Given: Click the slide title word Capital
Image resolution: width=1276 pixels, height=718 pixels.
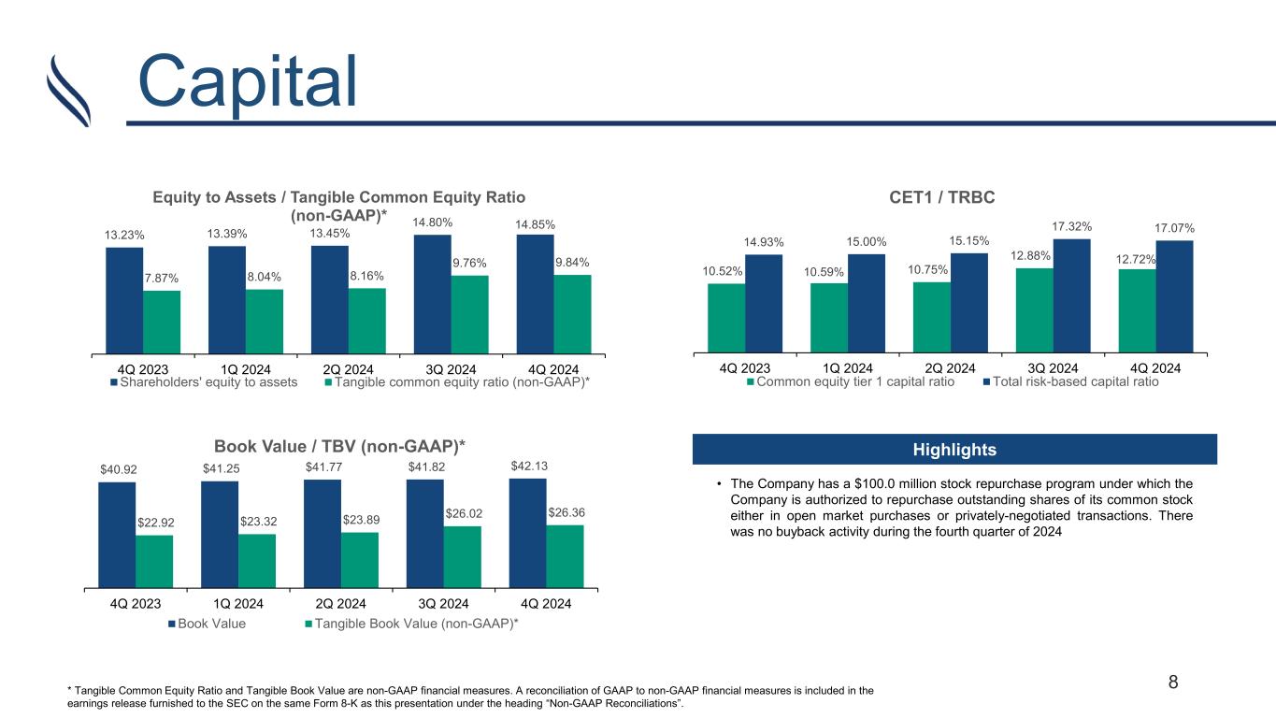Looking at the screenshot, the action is [x=247, y=81].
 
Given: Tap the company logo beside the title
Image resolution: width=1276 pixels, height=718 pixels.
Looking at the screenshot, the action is [x=68, y=91].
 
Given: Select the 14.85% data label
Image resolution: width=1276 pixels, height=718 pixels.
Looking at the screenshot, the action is [x=535, y=224].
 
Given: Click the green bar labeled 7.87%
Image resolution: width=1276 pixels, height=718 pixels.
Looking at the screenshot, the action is [x=162, y=322].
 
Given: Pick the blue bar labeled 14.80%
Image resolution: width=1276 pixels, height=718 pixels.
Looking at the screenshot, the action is [x=433, y=294].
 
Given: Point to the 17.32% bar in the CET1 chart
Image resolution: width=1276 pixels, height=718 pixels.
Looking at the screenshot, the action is [x=1071, y=295].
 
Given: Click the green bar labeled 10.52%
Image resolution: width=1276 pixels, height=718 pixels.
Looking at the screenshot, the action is [x=726, y=318].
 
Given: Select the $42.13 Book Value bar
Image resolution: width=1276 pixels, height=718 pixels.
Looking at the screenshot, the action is [x=527, y=534].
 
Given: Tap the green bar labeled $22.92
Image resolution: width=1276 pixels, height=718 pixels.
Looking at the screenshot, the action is [x=154, y=562].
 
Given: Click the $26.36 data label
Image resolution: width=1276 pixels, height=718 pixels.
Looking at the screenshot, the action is [x=566, y=512].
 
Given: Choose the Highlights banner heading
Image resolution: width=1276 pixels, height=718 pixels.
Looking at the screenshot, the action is [x=954, y=450].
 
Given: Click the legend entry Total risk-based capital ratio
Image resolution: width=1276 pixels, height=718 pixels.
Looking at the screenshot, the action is [x=1071, y=381].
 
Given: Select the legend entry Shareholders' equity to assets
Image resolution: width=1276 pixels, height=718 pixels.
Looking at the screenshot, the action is [x=204, y=382].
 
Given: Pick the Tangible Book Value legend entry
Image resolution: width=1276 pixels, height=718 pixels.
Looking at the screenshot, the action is [x=412, y=624].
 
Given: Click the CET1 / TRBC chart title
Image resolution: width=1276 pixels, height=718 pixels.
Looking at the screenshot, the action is [x=942, y=197].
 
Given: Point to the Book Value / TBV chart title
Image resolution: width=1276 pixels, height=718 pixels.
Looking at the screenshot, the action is [x=339, y=446].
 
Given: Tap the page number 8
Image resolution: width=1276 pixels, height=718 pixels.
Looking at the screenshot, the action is [x=1173, y=682].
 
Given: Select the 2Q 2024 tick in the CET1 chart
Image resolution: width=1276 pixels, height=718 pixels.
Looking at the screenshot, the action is [x=950, y=368].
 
